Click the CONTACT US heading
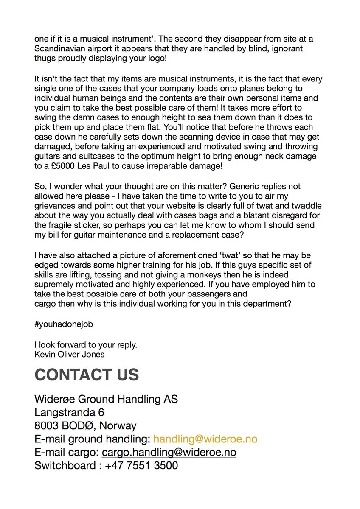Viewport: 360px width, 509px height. (x=87, y=375)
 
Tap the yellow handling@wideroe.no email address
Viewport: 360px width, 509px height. (x=205, y=439)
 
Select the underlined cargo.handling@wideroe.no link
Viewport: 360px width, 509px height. (x=169, y=452)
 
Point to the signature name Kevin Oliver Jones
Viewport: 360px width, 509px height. (x=69, y=354)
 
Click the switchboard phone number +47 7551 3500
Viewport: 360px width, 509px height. (x=141, y=465)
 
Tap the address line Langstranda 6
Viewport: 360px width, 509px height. (x=69, y=412)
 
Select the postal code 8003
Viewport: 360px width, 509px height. (x=46, y=425)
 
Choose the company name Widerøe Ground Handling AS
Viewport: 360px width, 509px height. (x=106, y=399)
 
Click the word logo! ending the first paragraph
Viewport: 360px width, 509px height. (x=156, y=58)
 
